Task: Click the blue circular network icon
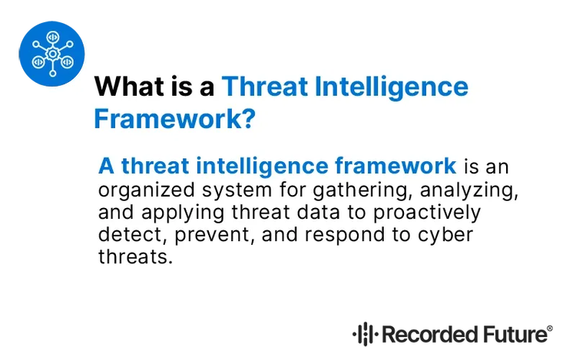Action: [51, 51]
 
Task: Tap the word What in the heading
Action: [127, 86]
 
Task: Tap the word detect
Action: [121, 233]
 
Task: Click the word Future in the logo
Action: [515, 335]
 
